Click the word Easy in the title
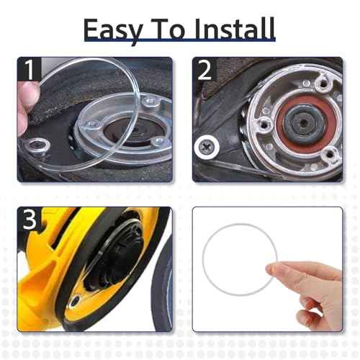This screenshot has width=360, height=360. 113,30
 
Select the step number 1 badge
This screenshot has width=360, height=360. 30,70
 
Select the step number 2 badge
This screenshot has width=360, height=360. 204,70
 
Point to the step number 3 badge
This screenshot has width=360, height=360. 30,220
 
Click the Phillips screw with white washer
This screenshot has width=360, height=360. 207,147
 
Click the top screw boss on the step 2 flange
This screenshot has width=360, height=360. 324,84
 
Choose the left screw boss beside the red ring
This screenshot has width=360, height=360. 264,125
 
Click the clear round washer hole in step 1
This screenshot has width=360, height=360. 37,145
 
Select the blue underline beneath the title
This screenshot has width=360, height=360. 179,40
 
